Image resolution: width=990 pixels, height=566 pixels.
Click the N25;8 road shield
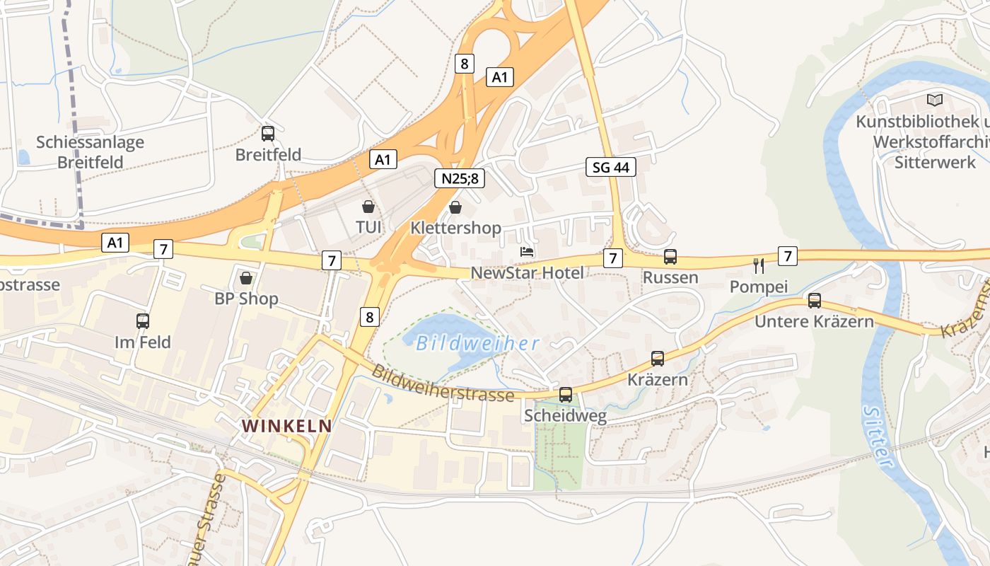coord(459,178)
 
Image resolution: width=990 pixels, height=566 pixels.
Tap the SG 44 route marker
coord(611,167)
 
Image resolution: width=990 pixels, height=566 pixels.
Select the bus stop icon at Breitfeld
coord(268,133)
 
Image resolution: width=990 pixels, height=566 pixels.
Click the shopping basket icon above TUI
coord(368,207)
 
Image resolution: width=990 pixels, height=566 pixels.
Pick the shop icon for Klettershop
coord(456,207)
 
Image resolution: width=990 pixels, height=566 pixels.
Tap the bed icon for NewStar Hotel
coord(527,252)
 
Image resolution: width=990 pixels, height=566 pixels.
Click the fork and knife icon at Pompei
coord(759,266)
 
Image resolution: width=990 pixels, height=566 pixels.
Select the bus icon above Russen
coord(670,257)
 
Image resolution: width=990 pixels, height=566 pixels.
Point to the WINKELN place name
coord(286,426)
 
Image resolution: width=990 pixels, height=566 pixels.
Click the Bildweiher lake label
coord(477,344)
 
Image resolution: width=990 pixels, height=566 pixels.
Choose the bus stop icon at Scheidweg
coord(565,395)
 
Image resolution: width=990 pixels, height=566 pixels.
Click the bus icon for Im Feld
coord(143,320)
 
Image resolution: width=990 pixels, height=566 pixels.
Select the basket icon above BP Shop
coord(246,278)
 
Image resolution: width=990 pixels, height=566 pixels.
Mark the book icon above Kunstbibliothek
coord(935,100)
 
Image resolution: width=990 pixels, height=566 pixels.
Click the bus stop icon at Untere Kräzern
coord(814,301)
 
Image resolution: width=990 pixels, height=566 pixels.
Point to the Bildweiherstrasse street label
coord(443,383)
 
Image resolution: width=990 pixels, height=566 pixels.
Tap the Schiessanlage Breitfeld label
coord(90,151)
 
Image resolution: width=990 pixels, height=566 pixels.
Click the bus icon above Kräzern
coord(658,359)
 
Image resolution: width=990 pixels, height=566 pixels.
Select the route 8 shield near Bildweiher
coord(368,317)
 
